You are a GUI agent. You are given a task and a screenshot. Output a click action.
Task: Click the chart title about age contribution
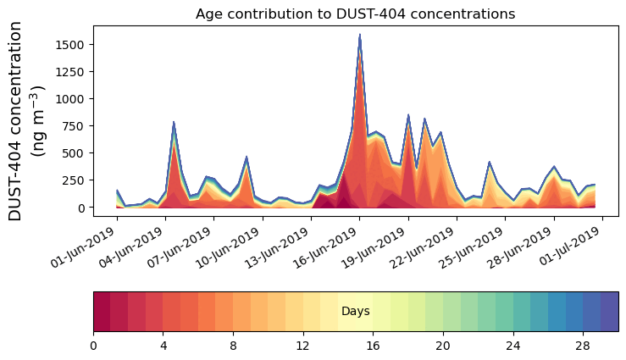click(x=355, y=14)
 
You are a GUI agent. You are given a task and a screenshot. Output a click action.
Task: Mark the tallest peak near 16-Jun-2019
click(x=360, y=36)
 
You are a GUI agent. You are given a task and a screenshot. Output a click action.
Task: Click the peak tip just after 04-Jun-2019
click(x=174, y=123)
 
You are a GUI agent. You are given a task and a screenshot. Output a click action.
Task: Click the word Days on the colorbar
click(x=355, y=312)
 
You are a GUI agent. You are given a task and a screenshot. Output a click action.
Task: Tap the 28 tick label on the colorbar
click(x=583, y=346)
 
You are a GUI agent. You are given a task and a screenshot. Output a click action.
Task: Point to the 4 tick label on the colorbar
click(x=163, y=346)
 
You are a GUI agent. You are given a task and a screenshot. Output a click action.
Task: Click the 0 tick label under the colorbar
click(x=93, y=346)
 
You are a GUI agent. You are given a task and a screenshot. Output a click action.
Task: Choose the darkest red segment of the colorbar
click(x=102, y=312)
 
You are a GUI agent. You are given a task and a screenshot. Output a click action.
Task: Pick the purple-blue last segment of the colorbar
click(x=609, y=312)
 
